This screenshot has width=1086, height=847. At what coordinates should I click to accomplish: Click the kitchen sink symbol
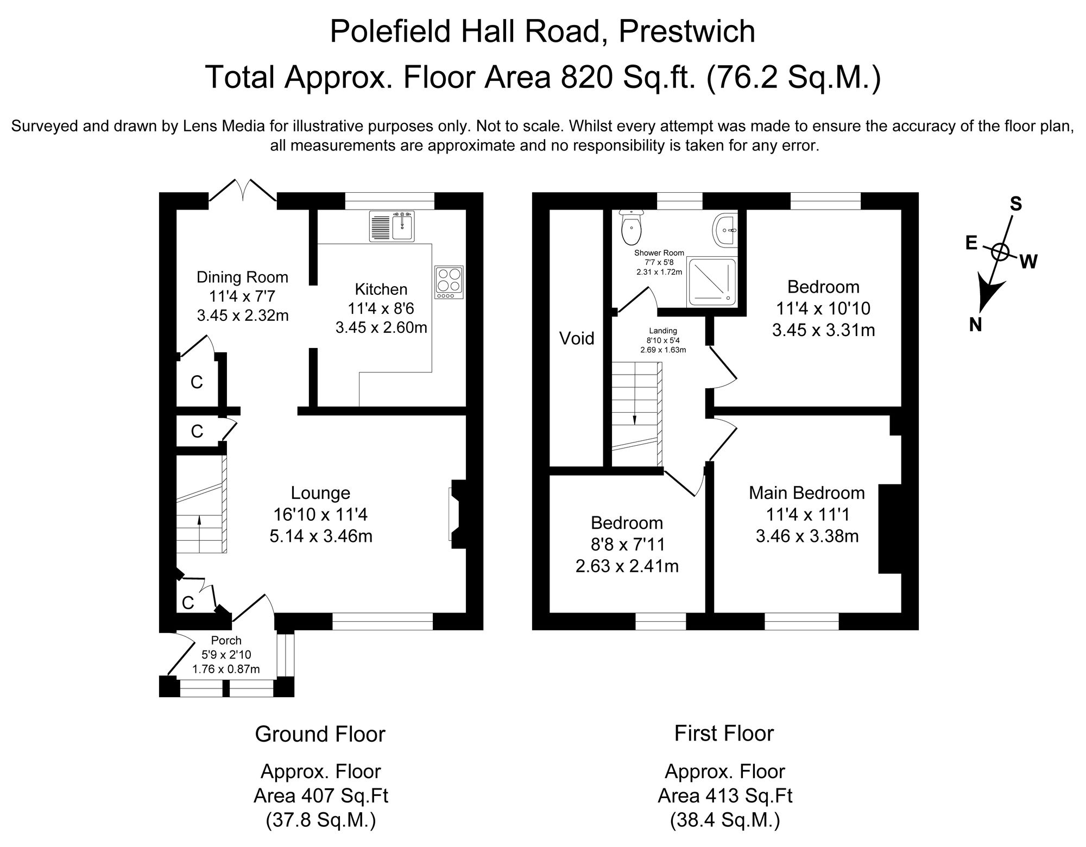pyautogui.click(x=392, y=226)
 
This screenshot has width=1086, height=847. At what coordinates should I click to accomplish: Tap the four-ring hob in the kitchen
pyautogui.click(x=449, y=282)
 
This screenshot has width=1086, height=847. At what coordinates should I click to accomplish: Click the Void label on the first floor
pyautogui.click(x=577, y=339)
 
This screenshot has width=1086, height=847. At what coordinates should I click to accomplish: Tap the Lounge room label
pyautogui.click(x=320, y=493)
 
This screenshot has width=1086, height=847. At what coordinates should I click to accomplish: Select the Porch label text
pyautogui.click(x=226, y=641)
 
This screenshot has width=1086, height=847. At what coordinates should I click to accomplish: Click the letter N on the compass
pyautogui.click(x=975, y=325)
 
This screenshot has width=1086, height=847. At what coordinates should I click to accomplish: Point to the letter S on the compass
pyautogui.click(x=1015, y=204)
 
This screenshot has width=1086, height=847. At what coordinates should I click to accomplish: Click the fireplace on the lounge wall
pyautogui.click(x=455, y=514)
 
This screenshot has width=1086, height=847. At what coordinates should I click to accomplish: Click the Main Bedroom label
pyautogui.click(x=806, y=493)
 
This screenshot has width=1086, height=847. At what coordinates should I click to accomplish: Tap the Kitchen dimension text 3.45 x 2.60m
pyautogui.click(x=381, y=328)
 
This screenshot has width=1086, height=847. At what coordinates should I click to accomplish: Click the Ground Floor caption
pyautogui.click(x=320, y=734)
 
